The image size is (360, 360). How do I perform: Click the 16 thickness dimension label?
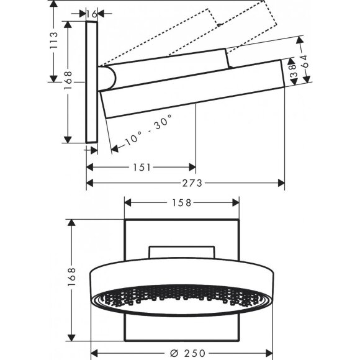[91, 13]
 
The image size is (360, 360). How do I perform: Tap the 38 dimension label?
[290, 70]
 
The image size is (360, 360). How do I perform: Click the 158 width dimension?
[182, 202]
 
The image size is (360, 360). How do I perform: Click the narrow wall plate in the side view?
[91, 83]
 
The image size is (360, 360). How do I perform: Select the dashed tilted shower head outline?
[248, 19]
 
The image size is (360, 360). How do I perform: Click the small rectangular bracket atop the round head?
[182, 252]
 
